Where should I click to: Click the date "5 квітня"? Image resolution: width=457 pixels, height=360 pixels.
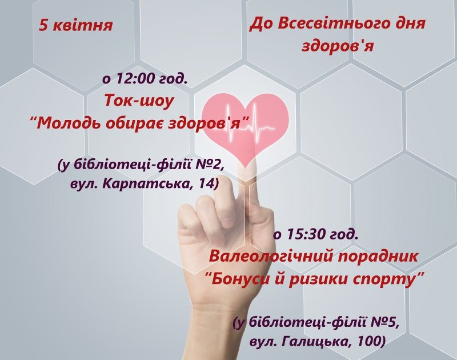pyautogui.click(x=76, y=25)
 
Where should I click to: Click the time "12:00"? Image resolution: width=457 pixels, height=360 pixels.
pyautogui.click(x=135, y=78)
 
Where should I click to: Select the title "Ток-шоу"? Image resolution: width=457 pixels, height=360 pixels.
pyautogui.click(x=139, y=101)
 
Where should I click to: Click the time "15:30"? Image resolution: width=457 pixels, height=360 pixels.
pyautogui.click(x=307, y=234)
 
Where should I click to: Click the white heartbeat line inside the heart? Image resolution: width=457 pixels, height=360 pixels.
pyautogui.click(x=251, y=125)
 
